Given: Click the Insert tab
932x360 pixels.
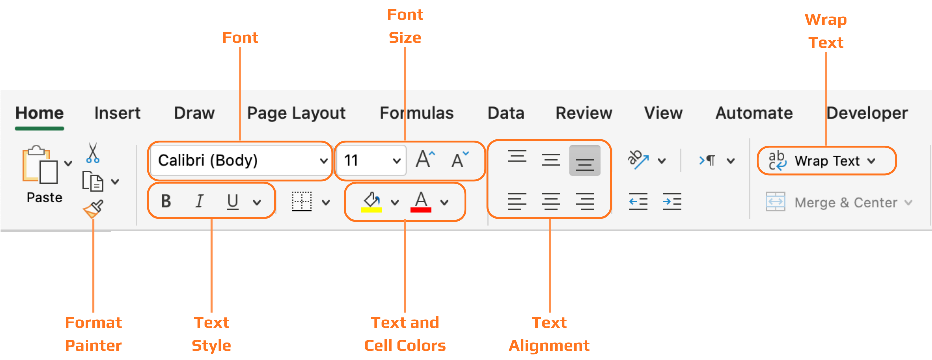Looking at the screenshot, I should pos(117,113).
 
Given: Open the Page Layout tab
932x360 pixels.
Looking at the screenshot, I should pos(296,113).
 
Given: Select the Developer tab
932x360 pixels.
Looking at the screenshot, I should pos(867,113).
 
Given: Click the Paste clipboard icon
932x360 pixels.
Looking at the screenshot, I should pos(40,165).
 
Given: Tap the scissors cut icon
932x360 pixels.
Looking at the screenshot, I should pos(93,153).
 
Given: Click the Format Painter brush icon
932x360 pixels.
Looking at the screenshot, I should pos(93,209).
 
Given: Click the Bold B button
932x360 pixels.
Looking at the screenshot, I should pos(166,201).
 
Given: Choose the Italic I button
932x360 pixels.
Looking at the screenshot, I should pos(199,201).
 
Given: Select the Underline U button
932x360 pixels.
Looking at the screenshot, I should pos(233,201).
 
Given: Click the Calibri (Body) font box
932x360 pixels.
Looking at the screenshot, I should pos(235,160).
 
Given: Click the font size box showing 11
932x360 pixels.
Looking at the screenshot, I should pos(365,160).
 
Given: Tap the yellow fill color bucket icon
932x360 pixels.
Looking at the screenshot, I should pos(371,202).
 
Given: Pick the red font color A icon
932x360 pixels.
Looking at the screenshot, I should pos(421,202).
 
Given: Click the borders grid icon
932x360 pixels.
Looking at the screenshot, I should pos(302,202).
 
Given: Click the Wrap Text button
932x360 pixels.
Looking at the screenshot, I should pos(827,161).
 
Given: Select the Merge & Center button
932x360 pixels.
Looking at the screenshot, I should pos(840,202).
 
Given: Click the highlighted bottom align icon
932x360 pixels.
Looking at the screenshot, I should pos(585,161).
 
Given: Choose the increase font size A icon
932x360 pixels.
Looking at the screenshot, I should pos(425,160).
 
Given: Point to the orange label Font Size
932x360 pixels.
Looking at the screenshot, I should pos(405,26).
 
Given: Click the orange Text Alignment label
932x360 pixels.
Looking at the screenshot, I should pos(549,334).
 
